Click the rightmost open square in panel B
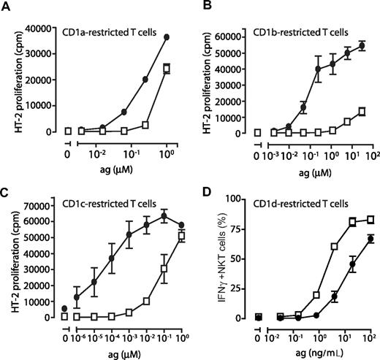point(360,112)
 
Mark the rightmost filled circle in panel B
point(360,45)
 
